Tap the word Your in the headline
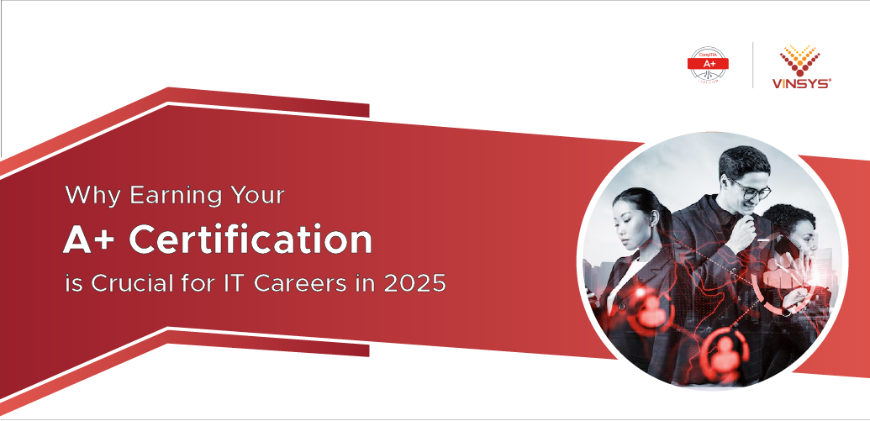[x=256, y=197]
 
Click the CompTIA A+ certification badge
[x=708, y=65]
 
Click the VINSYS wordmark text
[x=801, y=83]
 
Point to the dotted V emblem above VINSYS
[x=801, y=59]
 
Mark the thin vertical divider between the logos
[x=753, y=65]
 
